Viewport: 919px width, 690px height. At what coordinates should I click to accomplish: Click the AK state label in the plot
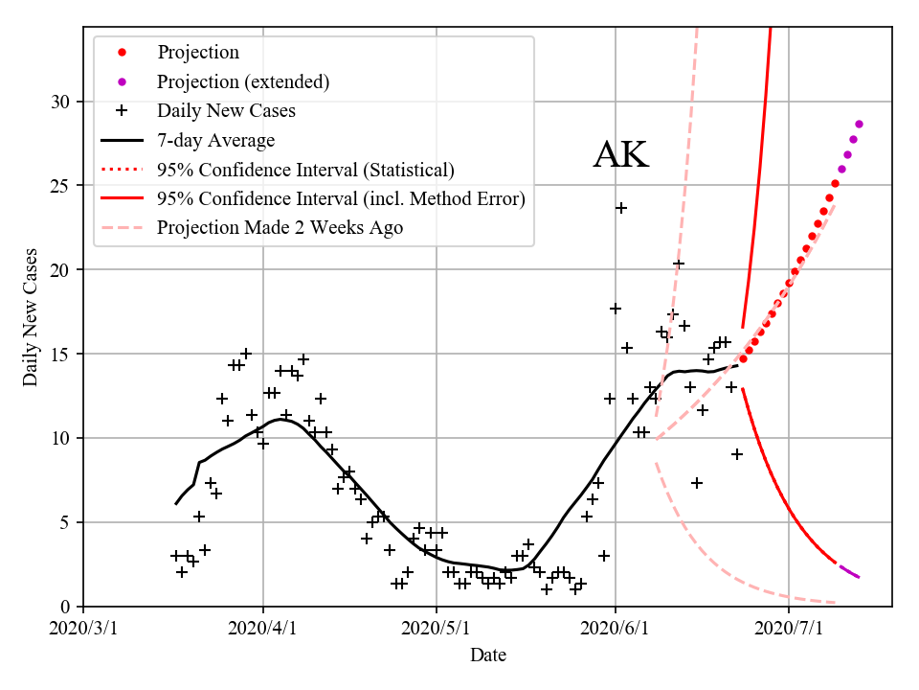pos(621,154)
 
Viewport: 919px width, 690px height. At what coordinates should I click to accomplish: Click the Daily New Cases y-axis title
pos(31,317)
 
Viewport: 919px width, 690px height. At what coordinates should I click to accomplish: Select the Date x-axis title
pos(487,655)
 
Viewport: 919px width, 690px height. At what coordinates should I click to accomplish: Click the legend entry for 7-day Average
pos(216,141)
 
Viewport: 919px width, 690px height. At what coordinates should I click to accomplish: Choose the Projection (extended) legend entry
pos(243,81)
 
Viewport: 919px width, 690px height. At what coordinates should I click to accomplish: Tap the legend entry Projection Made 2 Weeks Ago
pos(280,228)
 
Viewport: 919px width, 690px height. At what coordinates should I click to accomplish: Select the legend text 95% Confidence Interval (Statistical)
pos(305,170)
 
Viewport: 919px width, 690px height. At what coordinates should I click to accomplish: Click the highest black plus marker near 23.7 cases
pos(621,208)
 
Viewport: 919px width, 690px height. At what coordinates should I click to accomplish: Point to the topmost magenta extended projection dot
pos(859,124)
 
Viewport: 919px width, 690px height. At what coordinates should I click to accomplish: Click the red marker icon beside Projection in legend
pos(122,52)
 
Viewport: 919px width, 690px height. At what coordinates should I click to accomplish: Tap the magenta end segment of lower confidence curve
pos(849,572)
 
